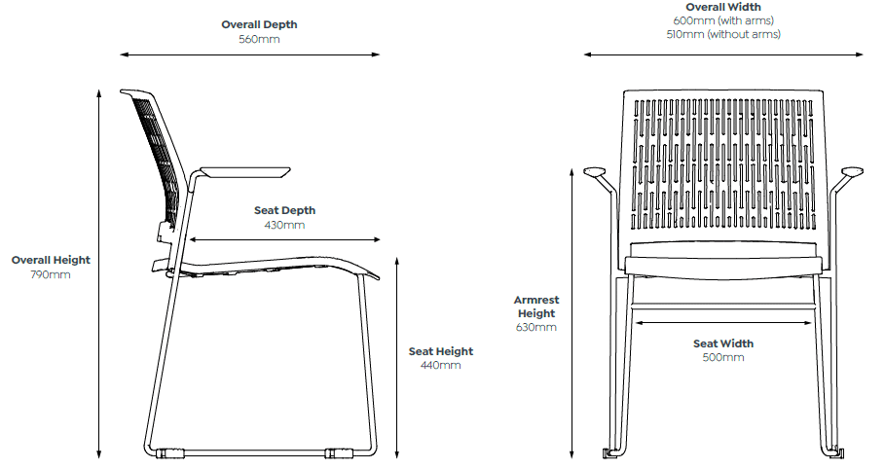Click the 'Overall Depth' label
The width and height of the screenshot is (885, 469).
[259, 24]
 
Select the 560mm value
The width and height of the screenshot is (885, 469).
[259, 39]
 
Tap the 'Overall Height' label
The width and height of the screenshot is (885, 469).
[51, 260]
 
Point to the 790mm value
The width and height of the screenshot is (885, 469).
[51, 274]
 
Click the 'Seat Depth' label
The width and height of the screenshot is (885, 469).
[284, 210]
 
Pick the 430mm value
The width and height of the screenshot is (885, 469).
[284, 225]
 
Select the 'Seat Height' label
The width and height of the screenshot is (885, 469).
[441, 351]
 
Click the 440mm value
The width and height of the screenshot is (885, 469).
[441, 365]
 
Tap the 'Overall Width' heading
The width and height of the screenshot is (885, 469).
[723, 8]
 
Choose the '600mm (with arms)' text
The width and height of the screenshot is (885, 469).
[723, 20]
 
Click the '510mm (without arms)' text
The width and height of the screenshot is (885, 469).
[723, 34]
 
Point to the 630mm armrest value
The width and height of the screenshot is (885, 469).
[536, 327]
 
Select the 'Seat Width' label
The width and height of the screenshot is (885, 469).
[723, 343]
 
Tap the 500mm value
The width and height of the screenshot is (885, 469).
[723, 357]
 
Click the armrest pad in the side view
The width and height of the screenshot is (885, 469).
[245, 170]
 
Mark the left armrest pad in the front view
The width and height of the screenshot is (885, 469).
[594, 171]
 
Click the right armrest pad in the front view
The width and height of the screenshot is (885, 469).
[852, 171]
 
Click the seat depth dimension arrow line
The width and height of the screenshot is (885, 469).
[284, 240]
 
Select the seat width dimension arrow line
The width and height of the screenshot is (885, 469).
[723, 323]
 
